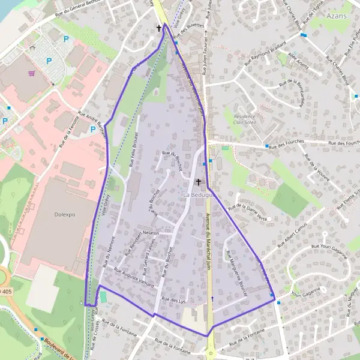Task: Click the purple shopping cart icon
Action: (x=31, y=73)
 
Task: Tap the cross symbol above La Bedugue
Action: (x=199, y=181)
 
